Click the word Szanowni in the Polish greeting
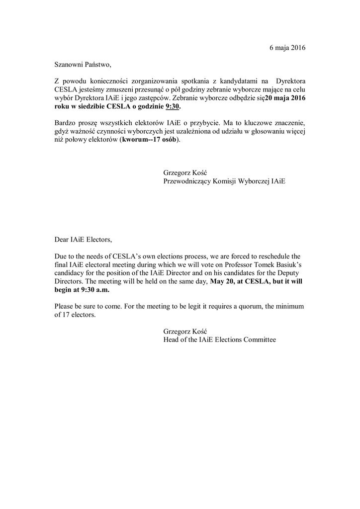point(70,64)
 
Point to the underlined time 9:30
point(172,106)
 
